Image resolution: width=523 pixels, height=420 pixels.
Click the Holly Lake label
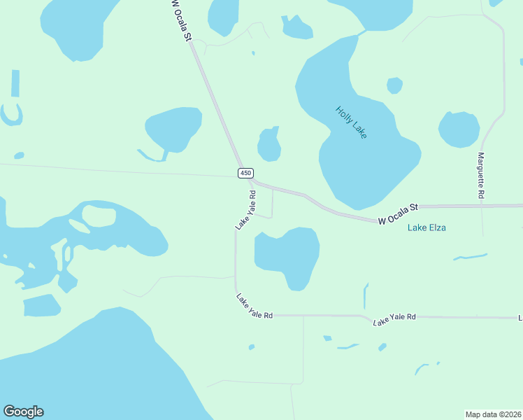pos(351,122)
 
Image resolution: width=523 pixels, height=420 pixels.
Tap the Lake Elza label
pos(427,227)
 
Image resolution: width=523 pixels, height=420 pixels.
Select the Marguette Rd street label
pos(481,174)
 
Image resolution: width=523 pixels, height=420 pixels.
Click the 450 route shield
pos(245,173)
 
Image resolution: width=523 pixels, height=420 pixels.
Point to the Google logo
pos(23,412)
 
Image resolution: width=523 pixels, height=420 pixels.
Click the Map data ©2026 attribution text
pos(493,414)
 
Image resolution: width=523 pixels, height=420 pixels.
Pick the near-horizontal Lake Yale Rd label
pos(394,319)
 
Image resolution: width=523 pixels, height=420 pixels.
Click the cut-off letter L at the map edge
pos(520,318)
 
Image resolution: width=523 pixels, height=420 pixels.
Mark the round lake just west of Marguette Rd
pos(459,129)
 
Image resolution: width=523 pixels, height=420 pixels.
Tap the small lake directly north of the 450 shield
pos(269,146)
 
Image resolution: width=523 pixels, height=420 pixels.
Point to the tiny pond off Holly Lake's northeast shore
pos(394,85)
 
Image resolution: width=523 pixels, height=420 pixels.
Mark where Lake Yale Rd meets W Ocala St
pos(254,182)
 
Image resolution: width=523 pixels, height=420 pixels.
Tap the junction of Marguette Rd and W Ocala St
pos(482,206)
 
